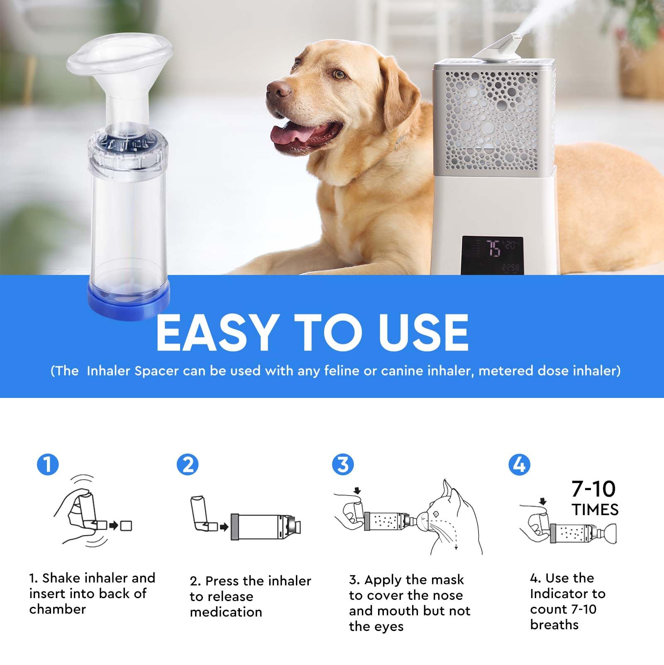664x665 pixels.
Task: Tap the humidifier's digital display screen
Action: (x=492, y=254)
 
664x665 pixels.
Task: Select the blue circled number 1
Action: (x=48, y=464)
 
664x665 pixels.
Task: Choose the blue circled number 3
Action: (x=343, y=464)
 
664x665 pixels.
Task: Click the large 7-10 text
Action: (x=593, y=489)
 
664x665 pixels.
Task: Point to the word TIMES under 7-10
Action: (x=595, y=510)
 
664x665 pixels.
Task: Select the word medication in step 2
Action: (x=226, y=612)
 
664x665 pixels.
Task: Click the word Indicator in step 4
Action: (x=567, y=594)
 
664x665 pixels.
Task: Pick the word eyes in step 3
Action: (x=389, y=626)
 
